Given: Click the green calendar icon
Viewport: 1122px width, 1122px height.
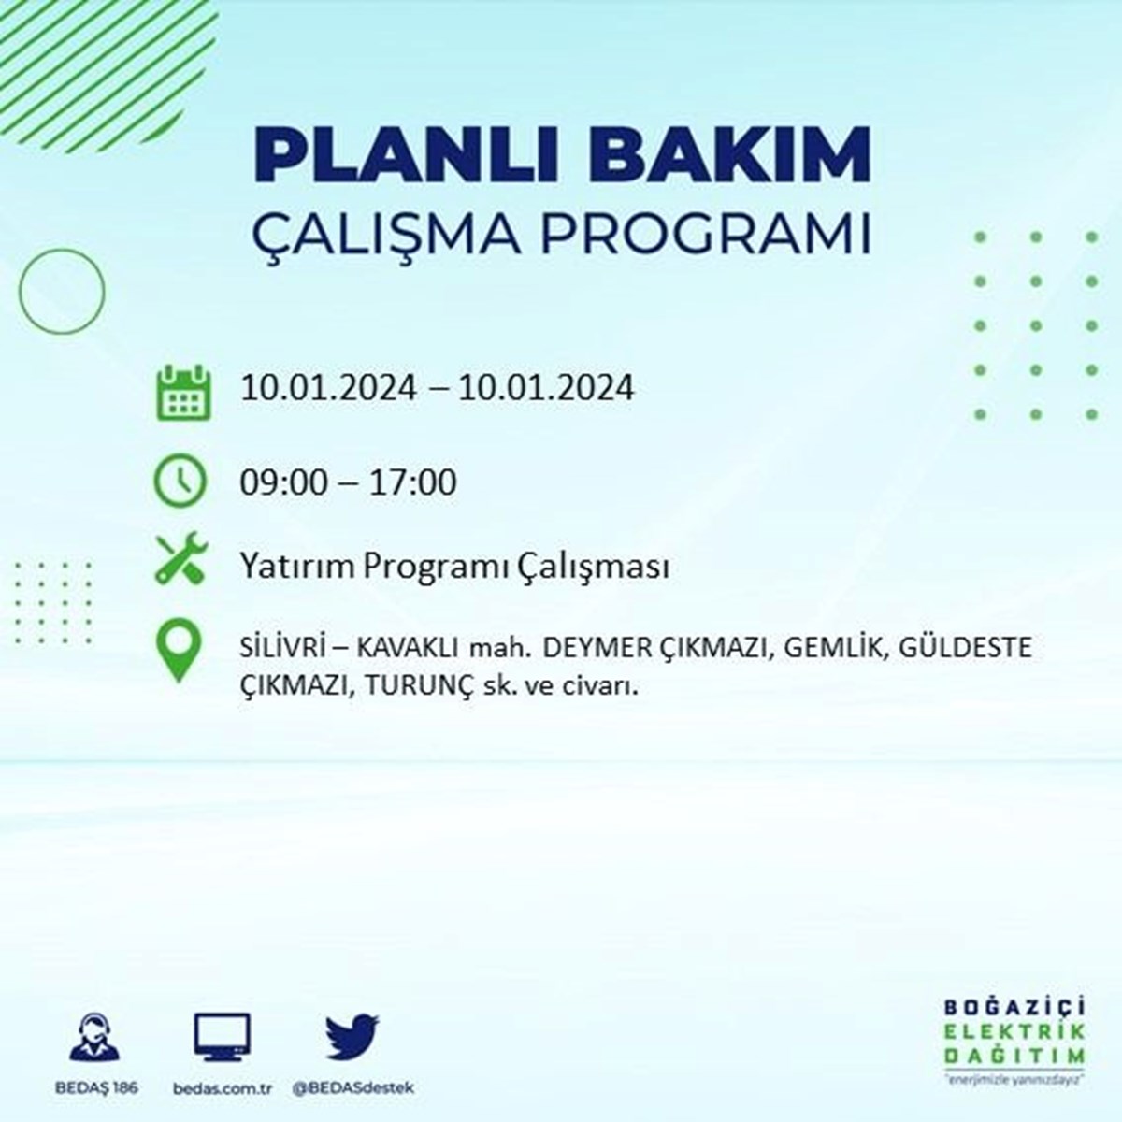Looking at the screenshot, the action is pos(183,393).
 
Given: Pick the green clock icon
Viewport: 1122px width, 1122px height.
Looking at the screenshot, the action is pos(180,481).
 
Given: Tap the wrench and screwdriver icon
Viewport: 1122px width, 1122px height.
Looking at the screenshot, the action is pos(181,558).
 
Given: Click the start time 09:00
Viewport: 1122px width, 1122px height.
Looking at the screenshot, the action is pos(284,482).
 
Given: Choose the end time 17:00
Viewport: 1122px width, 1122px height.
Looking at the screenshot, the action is pos(413,482).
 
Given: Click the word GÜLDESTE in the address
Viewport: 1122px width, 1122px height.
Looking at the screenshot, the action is pos(965,647).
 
